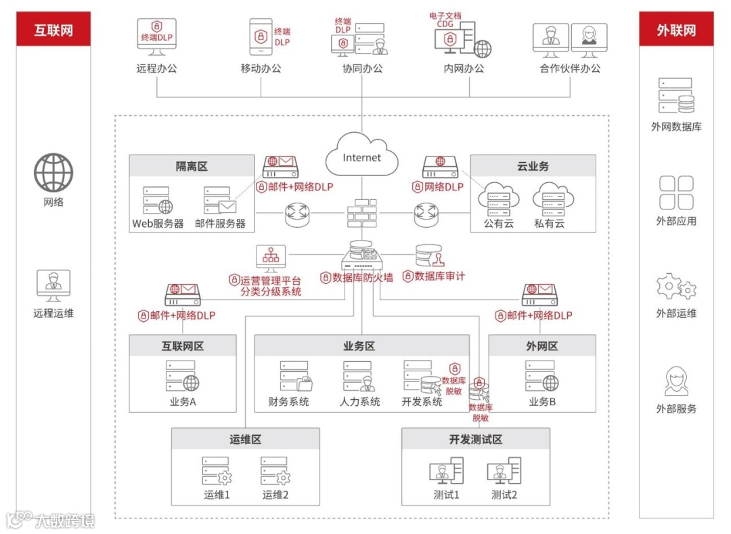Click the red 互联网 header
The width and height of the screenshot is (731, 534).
click(53, 30)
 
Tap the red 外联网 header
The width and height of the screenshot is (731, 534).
click(676, 30)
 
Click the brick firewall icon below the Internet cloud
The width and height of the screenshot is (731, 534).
click(362, 213)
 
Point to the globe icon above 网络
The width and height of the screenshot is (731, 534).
click(53, 173)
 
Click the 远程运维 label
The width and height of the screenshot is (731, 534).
click(53, 313)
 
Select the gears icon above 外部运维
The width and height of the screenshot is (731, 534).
click(676, 287)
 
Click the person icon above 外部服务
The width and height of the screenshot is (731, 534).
click(676, 381)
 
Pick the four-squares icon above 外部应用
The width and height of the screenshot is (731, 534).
click(676, 192)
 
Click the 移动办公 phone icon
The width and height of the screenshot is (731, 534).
click(261, 37)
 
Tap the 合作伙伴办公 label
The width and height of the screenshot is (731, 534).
click(570, 68)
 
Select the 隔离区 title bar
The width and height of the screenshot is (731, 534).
click(192, 166)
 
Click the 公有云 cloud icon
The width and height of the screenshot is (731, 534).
click(498, 199)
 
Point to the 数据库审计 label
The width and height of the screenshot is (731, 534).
click(439, 276)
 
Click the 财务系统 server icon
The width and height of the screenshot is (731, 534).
click(295, 377)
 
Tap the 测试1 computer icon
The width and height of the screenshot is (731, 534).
click(446, 472)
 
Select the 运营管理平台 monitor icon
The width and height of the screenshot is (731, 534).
click(271, 258)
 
